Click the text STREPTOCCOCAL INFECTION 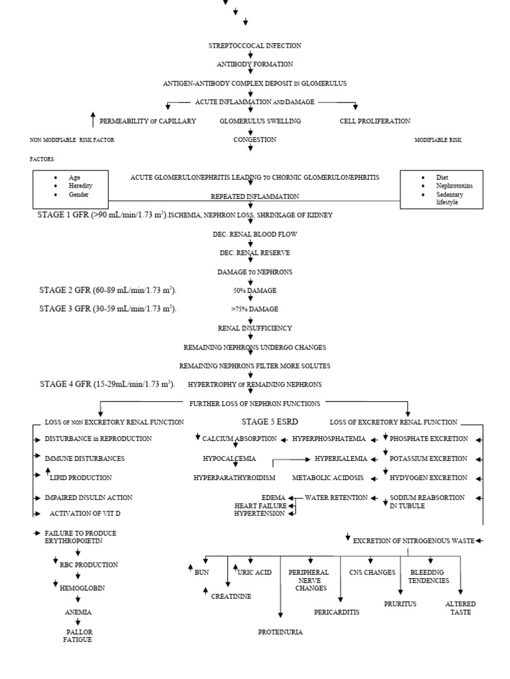(255, 46)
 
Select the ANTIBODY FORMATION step (255, 64)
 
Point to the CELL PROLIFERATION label (375, 121)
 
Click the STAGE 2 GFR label (108, 290)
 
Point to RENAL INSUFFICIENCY (255, 328)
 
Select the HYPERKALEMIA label (336, 458)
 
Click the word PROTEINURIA (280, 632)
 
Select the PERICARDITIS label (337, 612)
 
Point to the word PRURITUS (400, 604)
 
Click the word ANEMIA (78, 612)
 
